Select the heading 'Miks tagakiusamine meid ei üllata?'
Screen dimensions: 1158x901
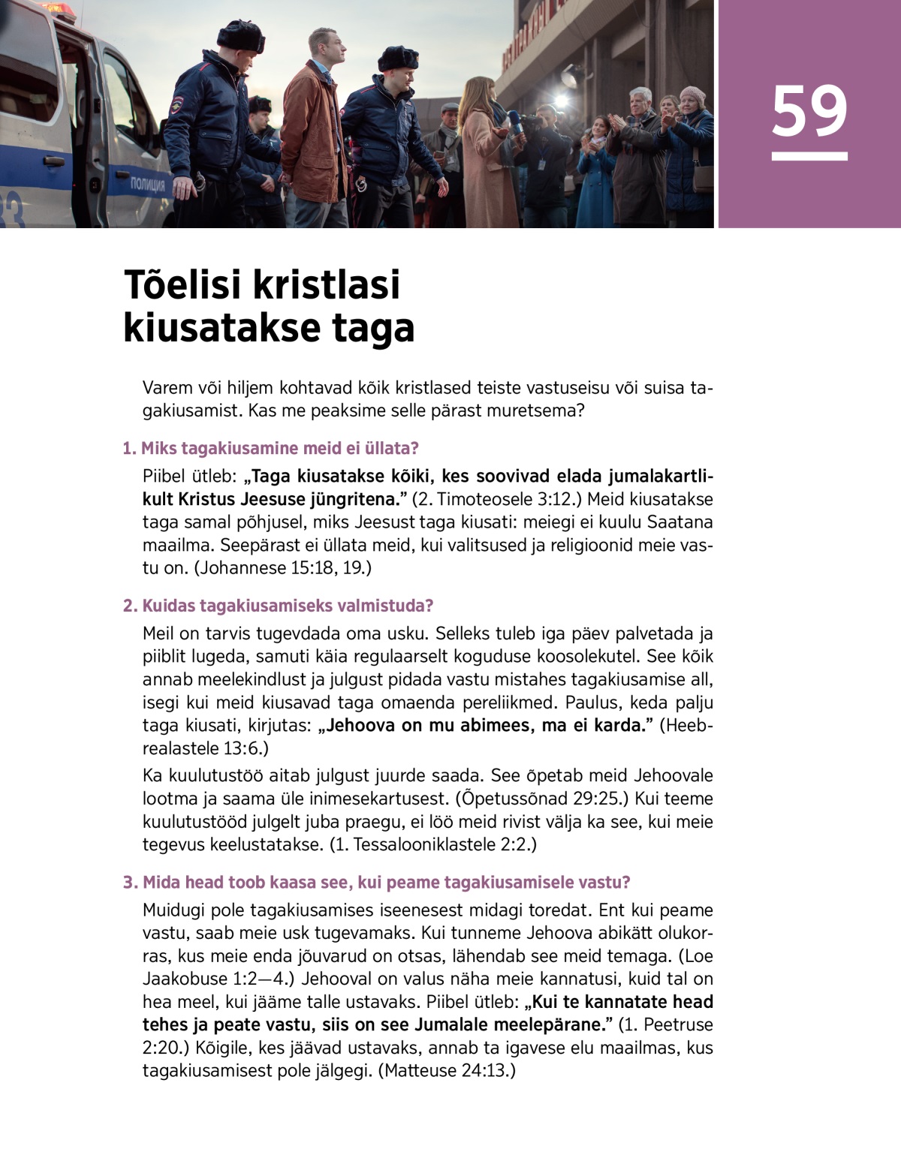coord(271,448)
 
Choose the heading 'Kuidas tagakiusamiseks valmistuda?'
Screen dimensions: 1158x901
coord(279,606)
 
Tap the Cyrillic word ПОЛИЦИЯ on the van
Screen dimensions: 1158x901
coord(148,183)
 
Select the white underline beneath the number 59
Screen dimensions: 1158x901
coord(809,156)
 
